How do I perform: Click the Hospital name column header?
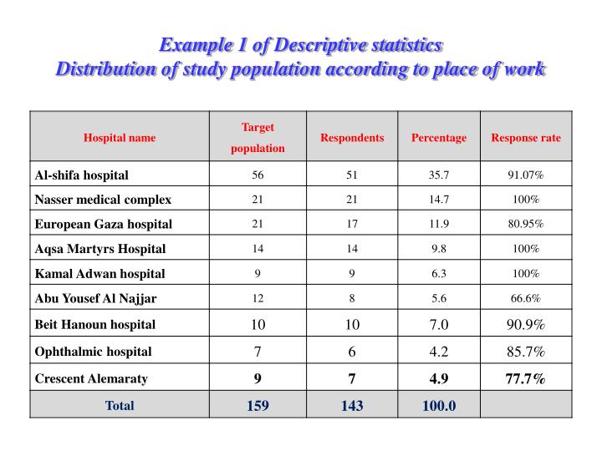coord(120,138)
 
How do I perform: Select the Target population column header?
coord(258,138)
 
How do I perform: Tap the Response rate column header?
coord(526,138)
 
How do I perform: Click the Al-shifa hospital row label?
coord(82,175)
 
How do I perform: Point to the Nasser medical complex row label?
coord(103,200)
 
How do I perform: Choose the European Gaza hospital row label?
coord(103,224)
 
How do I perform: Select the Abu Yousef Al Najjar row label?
coord(95,298)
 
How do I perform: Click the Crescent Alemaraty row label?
coord(91,378)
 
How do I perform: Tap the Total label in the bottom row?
coord(120,406)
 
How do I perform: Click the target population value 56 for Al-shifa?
coord(258,175)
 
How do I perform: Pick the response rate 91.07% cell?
coord(526,175)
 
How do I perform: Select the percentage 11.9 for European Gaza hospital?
coord(439,224)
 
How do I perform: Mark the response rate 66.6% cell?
coord(526,298)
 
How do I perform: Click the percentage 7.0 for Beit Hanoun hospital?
coord(439,324)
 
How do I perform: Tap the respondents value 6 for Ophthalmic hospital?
coord(352,352)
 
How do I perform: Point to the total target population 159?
coord(258,406)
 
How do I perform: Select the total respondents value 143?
coord(352,406)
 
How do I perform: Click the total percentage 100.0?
coord(439,406)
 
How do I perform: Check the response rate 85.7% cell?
coord(526,352)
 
